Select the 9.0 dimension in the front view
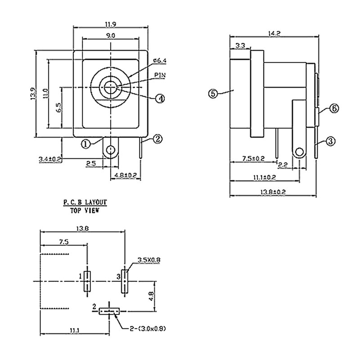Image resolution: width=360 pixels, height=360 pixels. click(111, 35)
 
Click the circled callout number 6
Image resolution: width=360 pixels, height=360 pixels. click(334, 108)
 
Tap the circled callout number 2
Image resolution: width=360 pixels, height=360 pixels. click(157, 139)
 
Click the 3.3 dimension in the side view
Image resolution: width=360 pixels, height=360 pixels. click(240, 45)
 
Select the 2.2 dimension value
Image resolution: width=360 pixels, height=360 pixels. click(283, 165)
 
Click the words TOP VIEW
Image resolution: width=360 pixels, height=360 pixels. click(85, 210)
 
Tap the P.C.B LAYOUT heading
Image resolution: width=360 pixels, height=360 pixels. click(85, 203)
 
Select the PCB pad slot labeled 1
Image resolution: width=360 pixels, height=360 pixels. click(87, 282)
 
